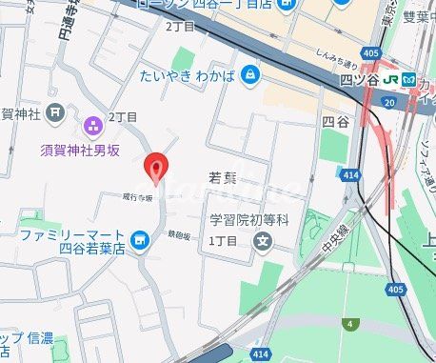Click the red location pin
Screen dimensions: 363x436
pos(156,168)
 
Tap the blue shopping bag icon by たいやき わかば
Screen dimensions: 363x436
pos(250,73)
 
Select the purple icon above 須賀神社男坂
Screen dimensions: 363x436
pos(93,124)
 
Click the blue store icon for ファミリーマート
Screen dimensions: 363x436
pos(141,241)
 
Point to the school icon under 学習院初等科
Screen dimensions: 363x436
pos(262,241)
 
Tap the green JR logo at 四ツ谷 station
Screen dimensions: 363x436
pos(393,81)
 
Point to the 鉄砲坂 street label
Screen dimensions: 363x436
pos(184,232)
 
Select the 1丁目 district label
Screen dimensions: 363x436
pos(222,241)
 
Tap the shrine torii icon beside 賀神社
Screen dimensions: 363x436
pos(56,113)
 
